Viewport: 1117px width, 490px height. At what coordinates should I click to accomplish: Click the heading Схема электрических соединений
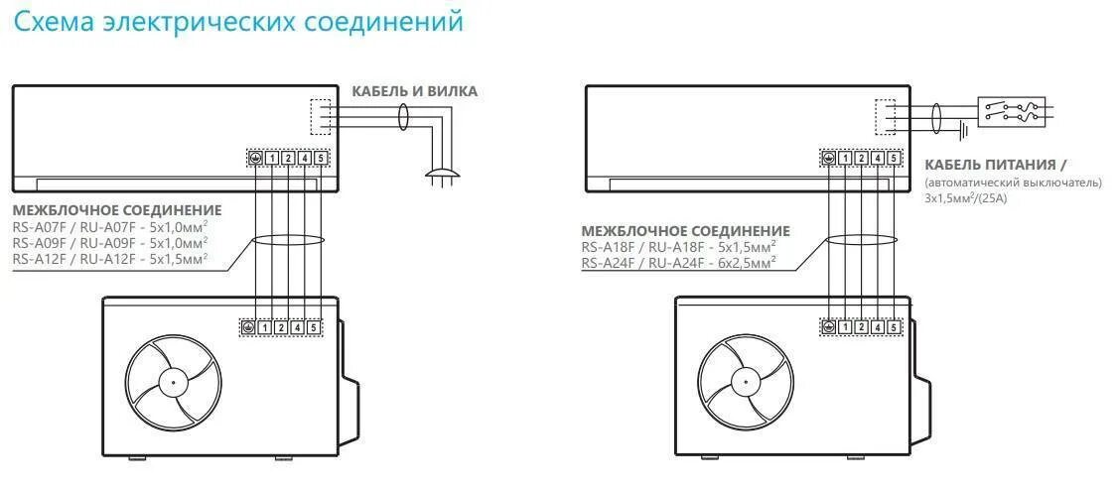point(238,22)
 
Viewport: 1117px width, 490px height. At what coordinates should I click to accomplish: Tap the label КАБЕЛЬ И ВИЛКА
point(414,91)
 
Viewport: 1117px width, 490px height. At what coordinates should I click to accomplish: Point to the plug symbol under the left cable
point(439,178)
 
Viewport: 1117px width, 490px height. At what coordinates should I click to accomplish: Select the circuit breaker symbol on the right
point(1011,110)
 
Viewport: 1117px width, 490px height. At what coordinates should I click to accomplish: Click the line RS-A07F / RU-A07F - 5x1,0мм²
point(110,226)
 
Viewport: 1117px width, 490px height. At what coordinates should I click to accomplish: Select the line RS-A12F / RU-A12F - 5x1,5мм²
point(110,258)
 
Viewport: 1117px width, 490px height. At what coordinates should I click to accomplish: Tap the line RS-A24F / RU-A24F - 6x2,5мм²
point(678,263)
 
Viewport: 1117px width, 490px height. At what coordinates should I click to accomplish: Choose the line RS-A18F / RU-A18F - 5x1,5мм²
point(678,247)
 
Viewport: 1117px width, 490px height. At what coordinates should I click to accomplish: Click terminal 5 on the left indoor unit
point(320,158)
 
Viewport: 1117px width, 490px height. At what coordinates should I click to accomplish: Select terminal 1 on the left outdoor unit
point(266,326)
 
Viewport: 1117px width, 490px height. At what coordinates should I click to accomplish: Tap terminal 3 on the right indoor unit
point(862,158)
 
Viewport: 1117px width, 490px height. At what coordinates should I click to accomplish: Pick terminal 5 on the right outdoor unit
point(894,326)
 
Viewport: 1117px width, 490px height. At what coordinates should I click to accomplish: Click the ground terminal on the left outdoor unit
point(249,326)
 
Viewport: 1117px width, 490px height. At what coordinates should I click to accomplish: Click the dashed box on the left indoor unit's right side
point(319,116)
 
